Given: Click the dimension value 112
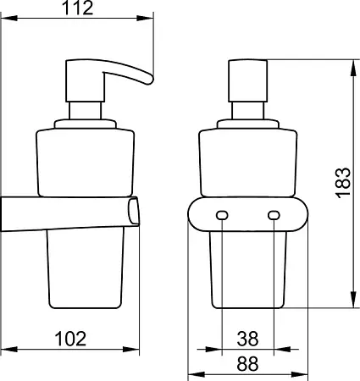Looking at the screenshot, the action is [77, 8].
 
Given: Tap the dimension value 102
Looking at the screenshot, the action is [70, 339].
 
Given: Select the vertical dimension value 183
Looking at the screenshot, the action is [344, 183].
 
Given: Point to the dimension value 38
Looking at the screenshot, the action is [247, 339].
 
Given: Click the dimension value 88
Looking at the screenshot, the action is [247, 363].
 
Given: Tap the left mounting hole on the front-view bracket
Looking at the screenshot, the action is [222, 215].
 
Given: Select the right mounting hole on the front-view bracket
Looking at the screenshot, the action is [274, 215].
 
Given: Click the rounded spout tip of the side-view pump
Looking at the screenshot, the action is [149, 80].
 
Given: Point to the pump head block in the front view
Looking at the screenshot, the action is [247, 80].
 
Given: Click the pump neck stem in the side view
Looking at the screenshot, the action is [85, 111].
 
